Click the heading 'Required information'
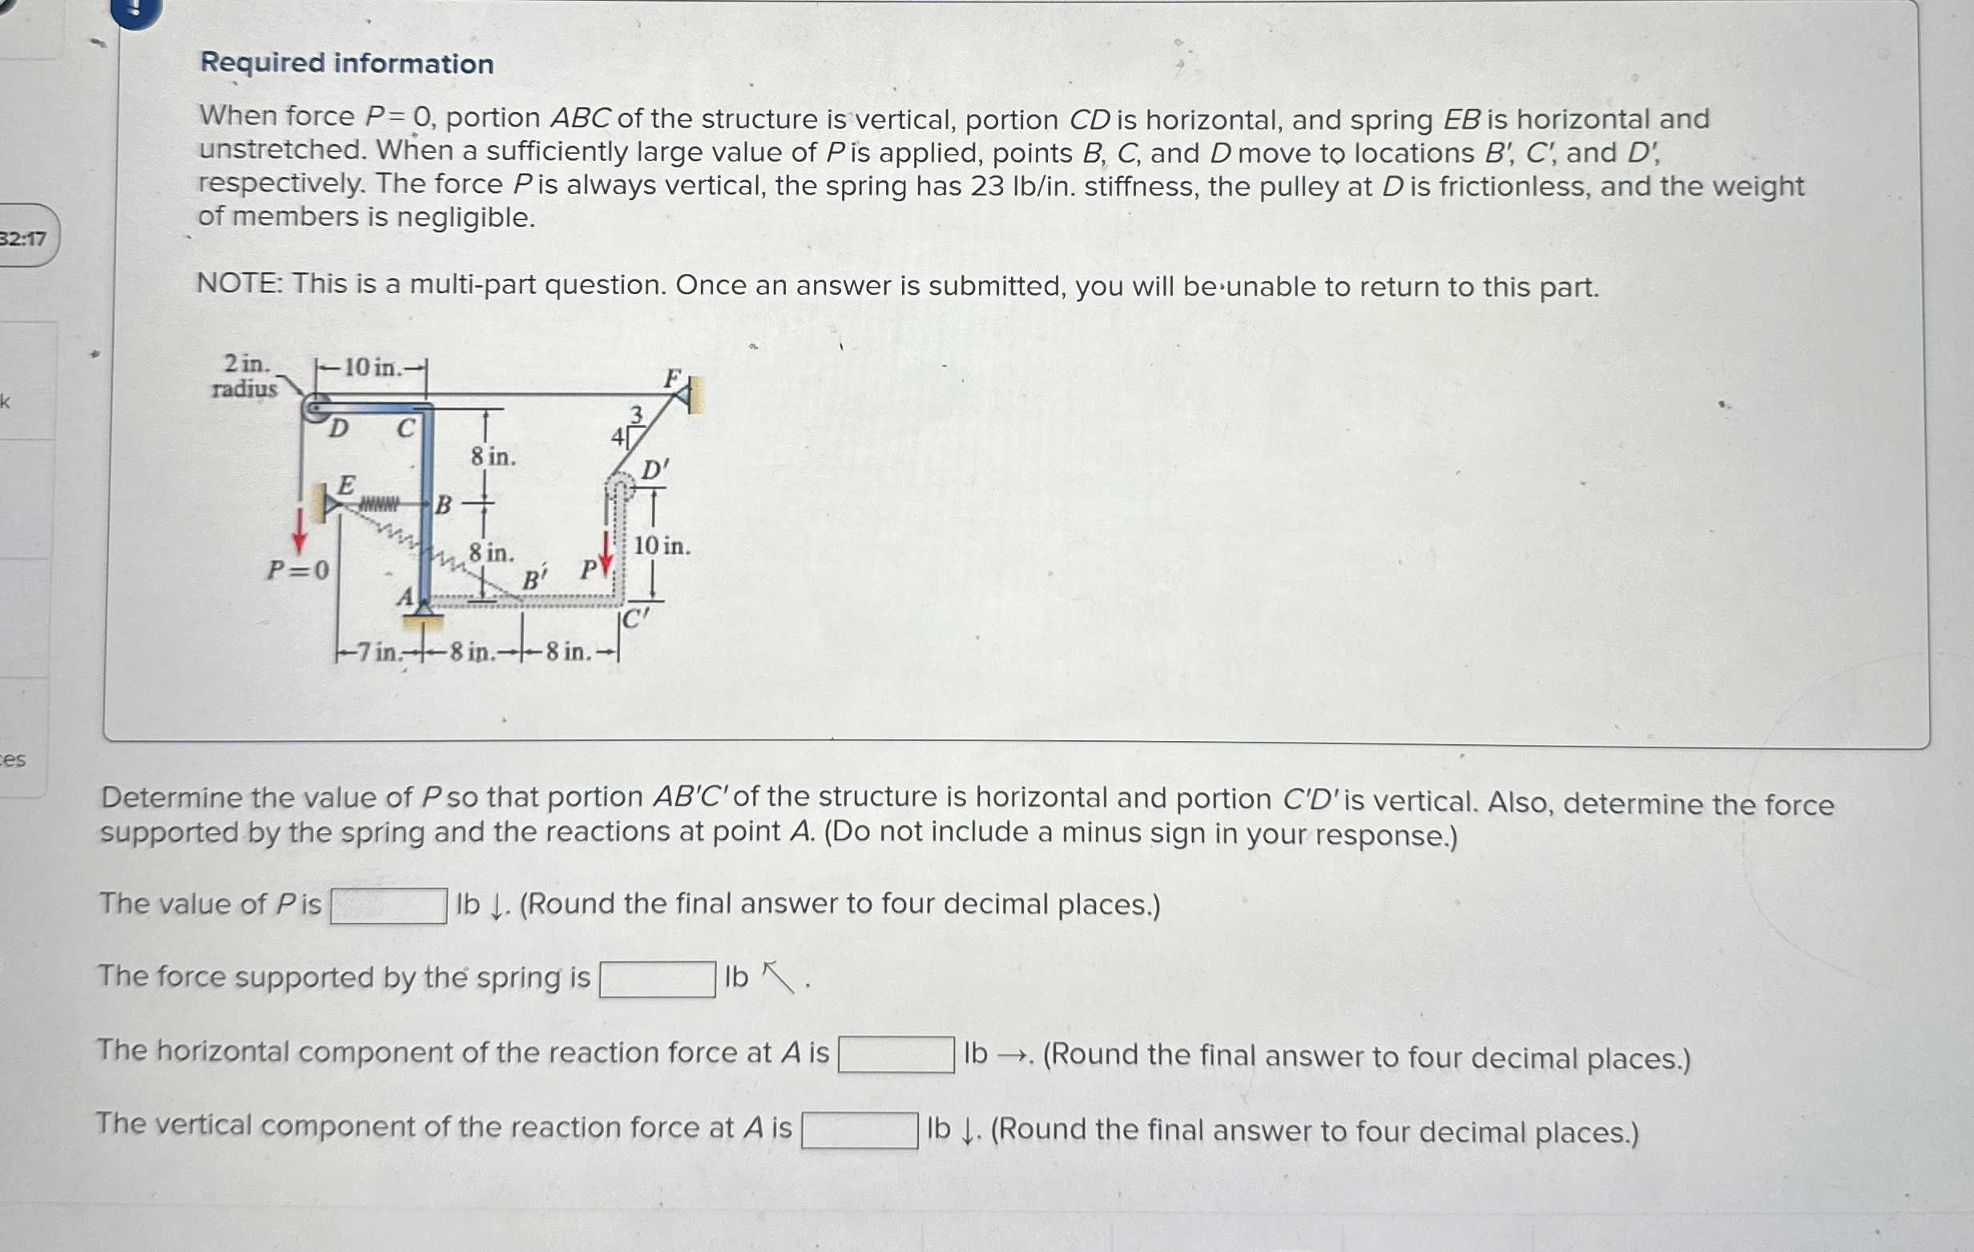coord(347,63)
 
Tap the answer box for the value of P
coord(389,906)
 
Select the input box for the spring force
coord(658,979)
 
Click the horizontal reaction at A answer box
coord(896,1054)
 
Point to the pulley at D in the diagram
coord(316,408)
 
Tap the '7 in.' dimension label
coord(376,653)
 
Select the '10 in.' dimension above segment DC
coord(373,368)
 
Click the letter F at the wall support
coord(672,378)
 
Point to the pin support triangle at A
coord(424,607)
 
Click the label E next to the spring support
coord(347,485)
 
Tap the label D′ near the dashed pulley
coord(655,471)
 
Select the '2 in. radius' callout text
coord(245,376)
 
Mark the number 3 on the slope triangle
coord(636,414)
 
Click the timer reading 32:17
coord(23,239)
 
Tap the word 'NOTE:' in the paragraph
coord(240,284)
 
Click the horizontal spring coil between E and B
coord(380,502)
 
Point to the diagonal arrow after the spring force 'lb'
coord(778,977)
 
